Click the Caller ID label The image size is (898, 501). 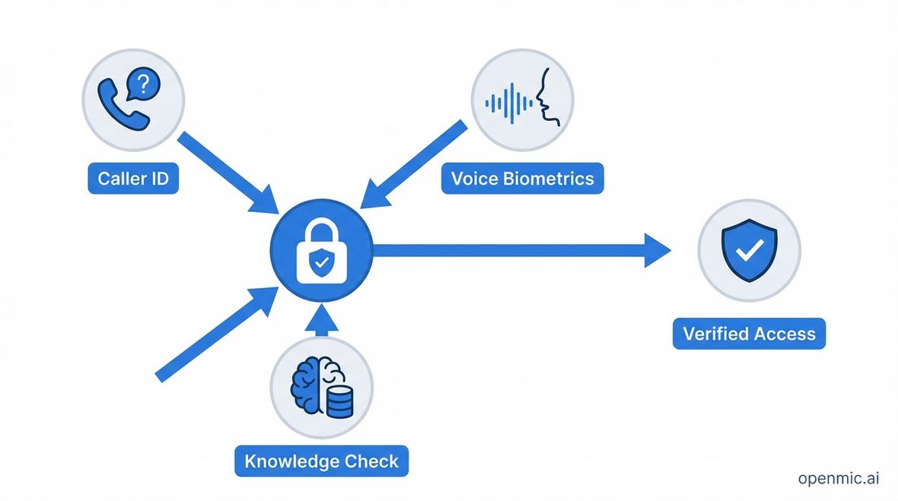133,179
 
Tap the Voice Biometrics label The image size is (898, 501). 522,179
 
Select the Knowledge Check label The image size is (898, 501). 321,461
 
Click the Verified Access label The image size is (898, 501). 749,334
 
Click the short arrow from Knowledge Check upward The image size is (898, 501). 322,319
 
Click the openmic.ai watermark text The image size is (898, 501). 839,478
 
